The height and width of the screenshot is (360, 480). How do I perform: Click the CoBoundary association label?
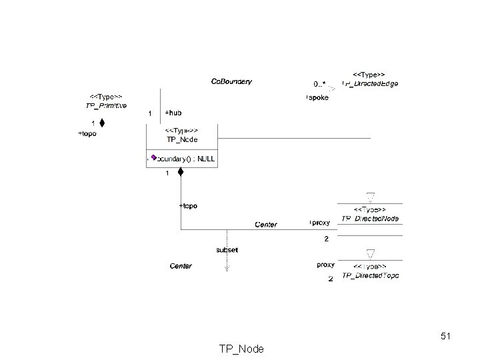coord(231,81)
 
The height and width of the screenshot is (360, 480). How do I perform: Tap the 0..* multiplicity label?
coord(319,84)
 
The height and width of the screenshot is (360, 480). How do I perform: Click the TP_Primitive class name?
coord(106,105)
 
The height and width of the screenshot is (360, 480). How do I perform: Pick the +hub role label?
coord(173,113)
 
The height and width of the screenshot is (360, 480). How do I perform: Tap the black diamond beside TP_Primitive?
coord(102,123)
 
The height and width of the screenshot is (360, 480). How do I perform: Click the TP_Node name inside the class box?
coord(182,139)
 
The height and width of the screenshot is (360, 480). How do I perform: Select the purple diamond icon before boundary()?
coord(153,158)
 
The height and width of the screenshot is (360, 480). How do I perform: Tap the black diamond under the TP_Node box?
coord(180,173)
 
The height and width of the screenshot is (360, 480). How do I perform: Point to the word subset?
coord(227,250)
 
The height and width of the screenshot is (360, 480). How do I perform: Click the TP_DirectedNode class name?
coord(370,219)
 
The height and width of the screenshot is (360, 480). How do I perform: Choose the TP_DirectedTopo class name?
coord(370,276)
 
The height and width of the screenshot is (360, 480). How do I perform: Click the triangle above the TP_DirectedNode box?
coord(371,196)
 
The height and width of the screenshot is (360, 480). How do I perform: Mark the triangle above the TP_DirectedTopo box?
coord(371,253)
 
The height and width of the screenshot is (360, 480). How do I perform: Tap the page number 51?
coord(446,337)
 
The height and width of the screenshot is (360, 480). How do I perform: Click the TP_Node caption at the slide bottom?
coord(241,349)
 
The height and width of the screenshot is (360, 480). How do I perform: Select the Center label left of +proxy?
coord(266,225)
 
